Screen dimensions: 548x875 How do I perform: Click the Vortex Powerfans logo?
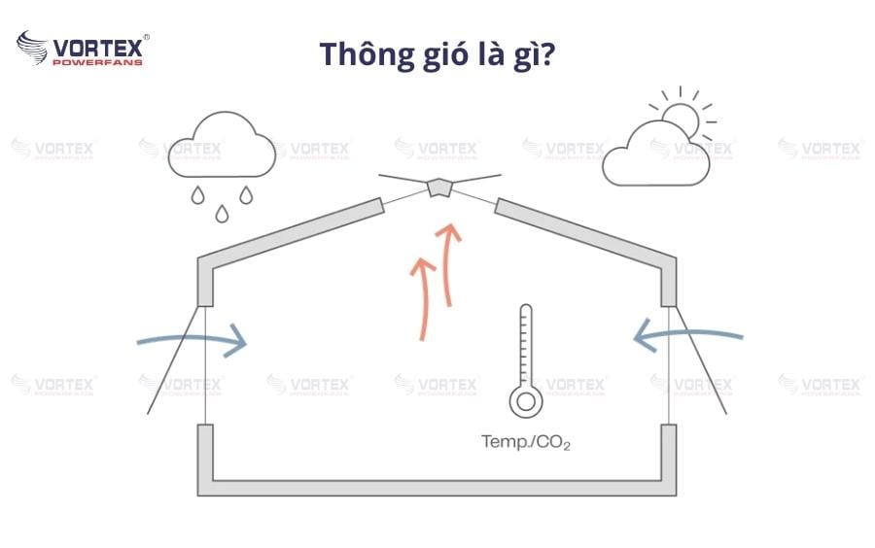coord(83,49)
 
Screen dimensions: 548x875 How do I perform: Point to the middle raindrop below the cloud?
coord(222,212)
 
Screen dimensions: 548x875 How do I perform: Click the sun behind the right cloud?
coord(680,118)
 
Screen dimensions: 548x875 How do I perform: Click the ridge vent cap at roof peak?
coord(440,187)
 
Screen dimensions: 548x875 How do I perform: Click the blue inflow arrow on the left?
coord(194,341)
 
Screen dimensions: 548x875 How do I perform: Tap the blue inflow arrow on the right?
coord(686,336)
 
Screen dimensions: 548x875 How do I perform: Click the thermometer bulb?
coord(526,400)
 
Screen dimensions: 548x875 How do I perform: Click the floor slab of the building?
coord(437,487)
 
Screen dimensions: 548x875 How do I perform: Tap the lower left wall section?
coord(206,457)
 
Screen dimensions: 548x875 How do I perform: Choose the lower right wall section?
coord(669,457)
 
